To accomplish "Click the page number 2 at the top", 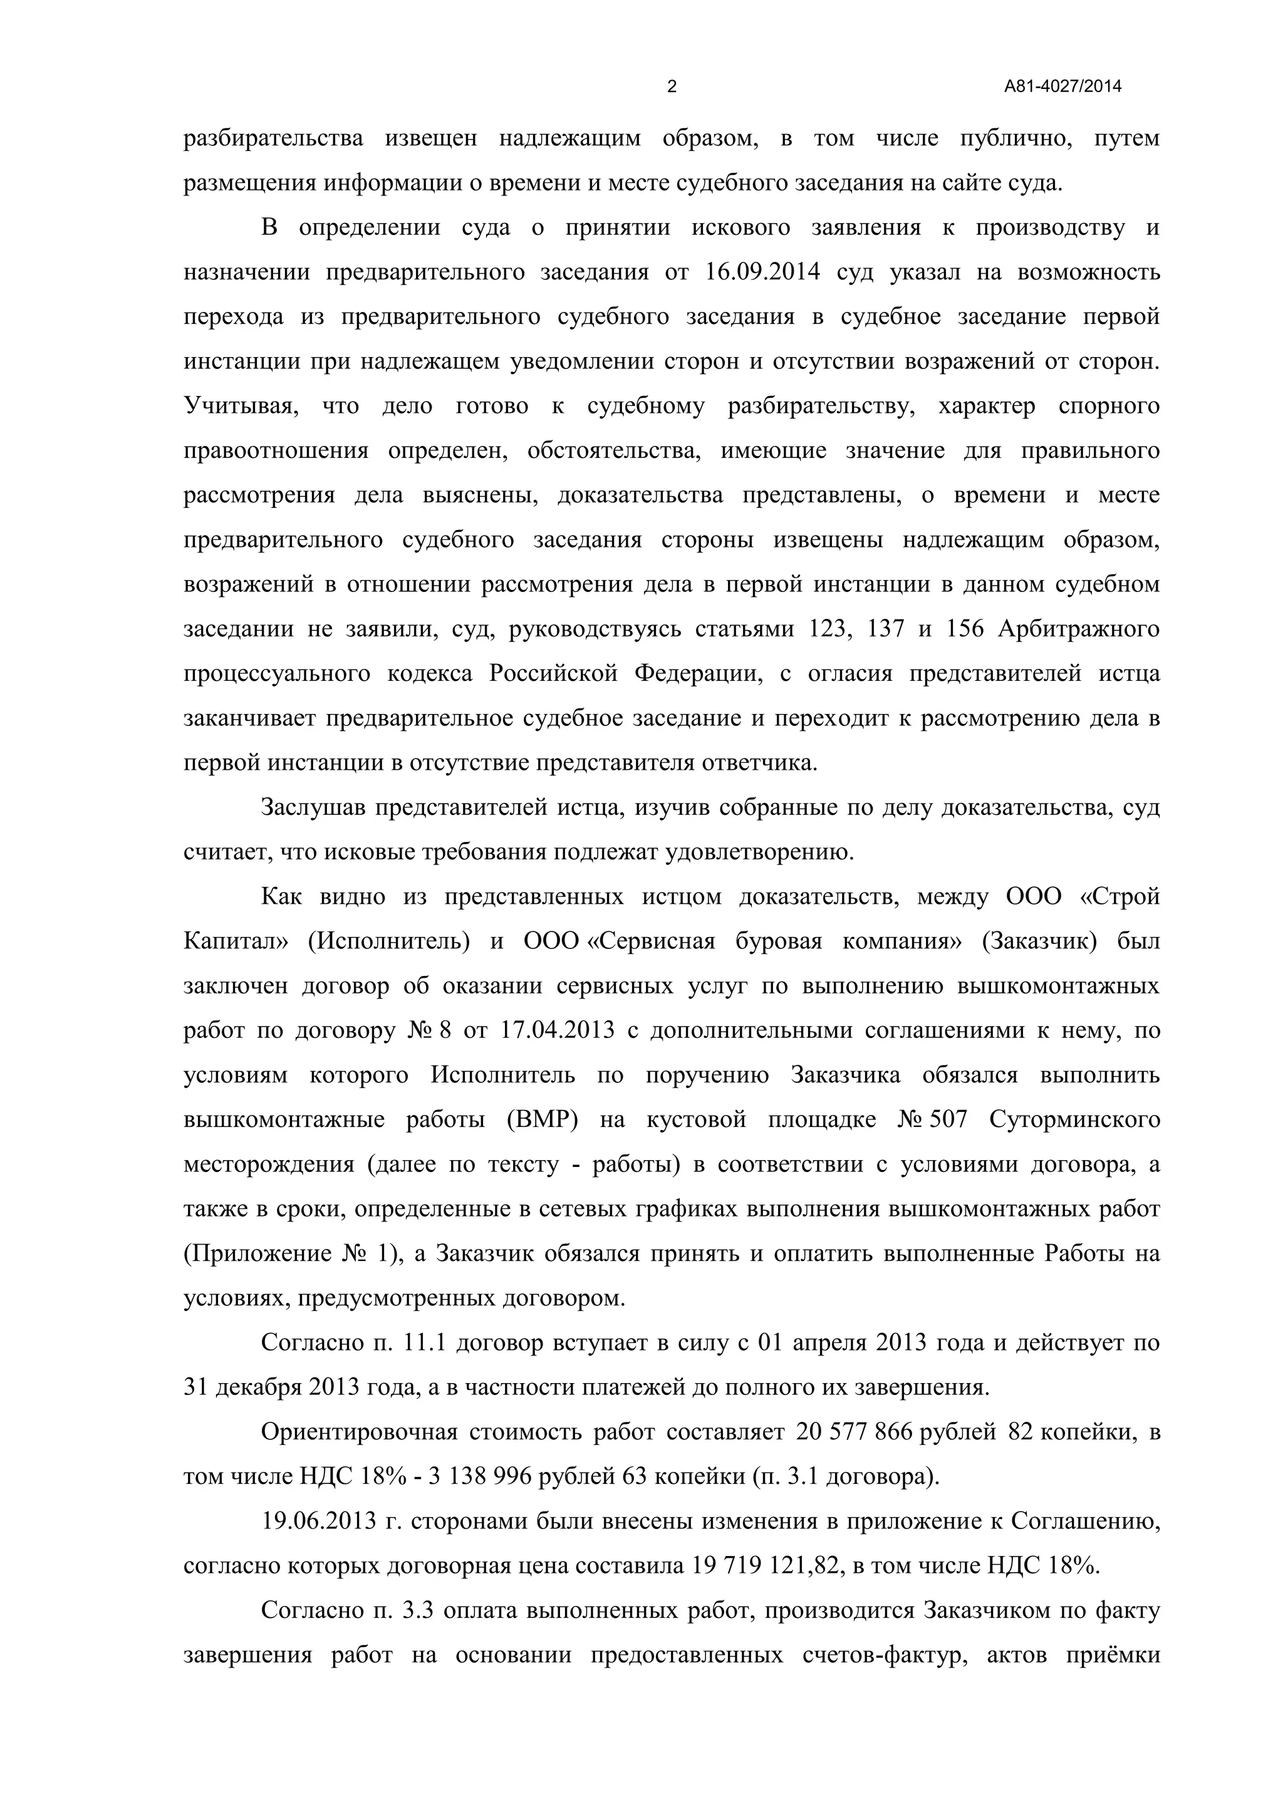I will [x=672, y=87].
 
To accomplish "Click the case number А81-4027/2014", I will [x=1062, y=87].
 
